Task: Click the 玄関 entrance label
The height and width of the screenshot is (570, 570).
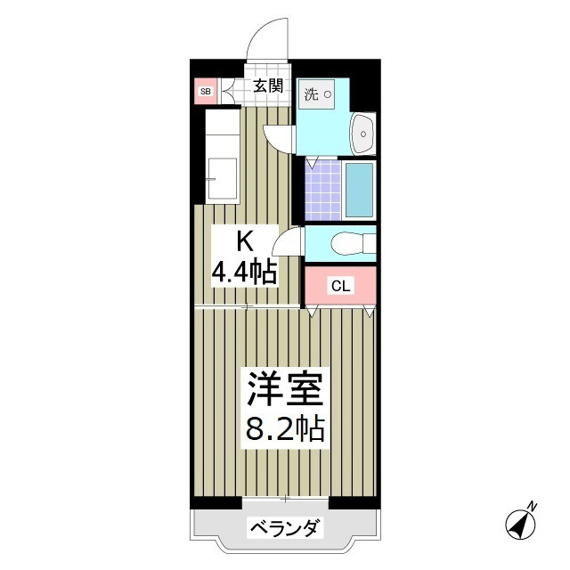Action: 267,86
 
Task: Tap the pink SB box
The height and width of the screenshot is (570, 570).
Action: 205,91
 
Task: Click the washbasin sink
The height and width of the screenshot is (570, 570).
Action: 363,134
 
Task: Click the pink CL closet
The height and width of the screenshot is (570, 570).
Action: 340,285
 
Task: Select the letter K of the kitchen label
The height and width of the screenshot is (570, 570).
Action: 244,240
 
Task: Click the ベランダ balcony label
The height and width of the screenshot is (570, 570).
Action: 284,528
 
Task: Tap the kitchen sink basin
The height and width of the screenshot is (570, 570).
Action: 222,179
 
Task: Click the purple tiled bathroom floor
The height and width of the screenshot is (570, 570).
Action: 322,189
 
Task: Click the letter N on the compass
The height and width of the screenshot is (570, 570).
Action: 533,507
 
